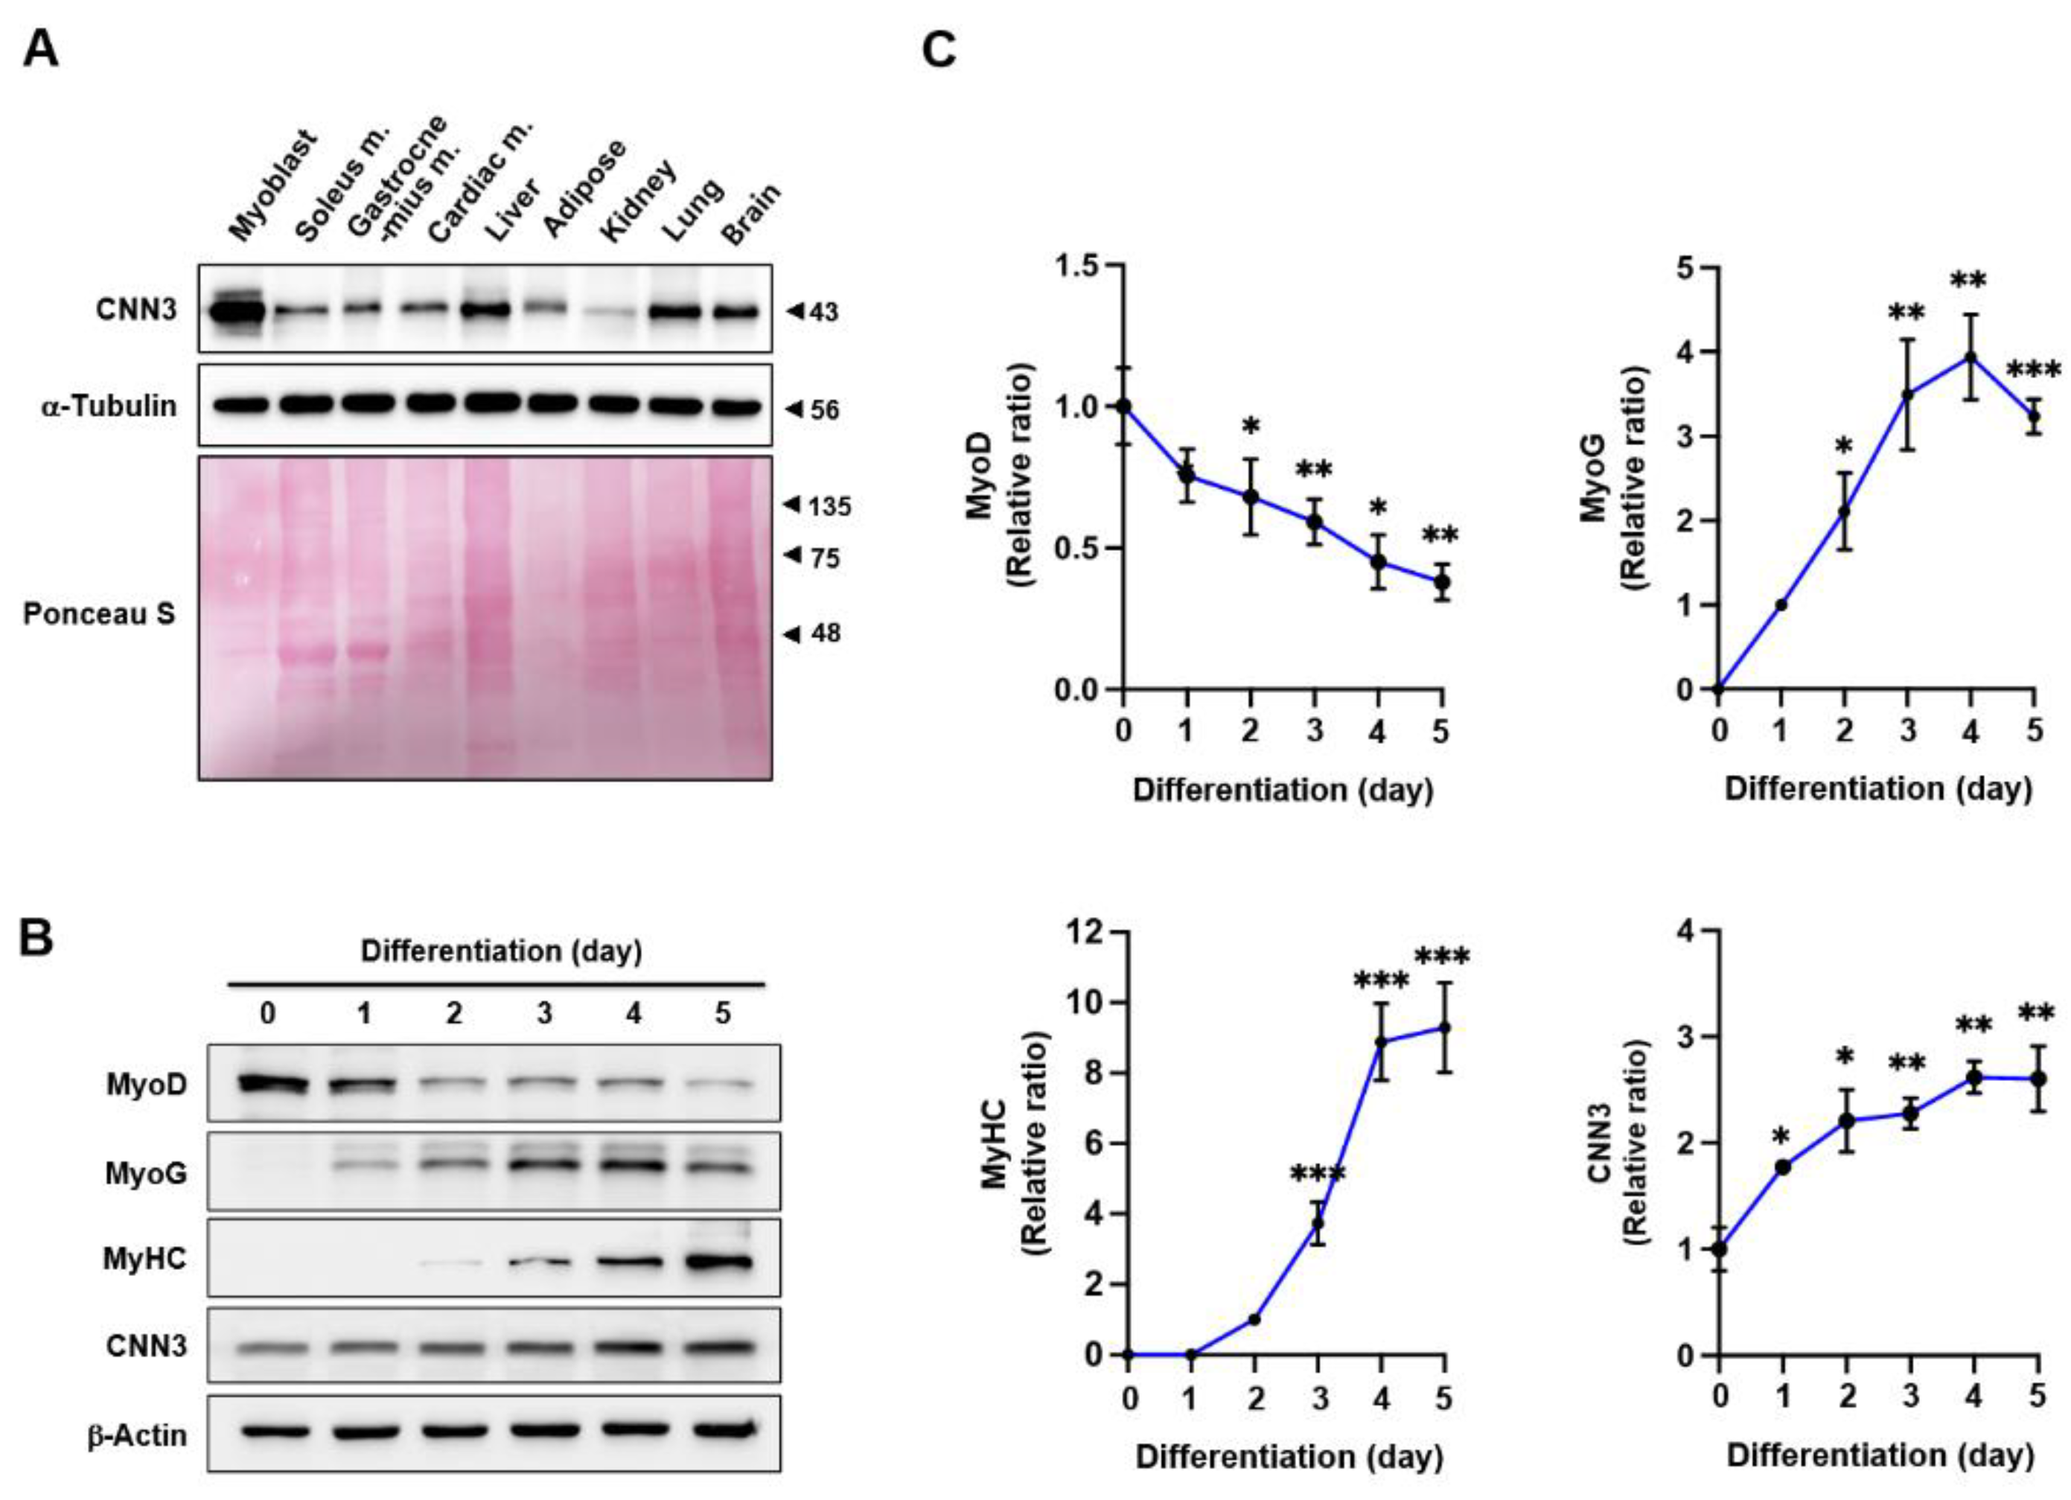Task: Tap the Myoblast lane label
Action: click(x=271, y=186)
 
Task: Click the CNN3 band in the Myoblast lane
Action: click(x=235, y=310)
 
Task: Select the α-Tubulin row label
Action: click(x=109, y=406)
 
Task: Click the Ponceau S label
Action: click(x=98, y=613)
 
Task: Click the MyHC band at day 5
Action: click(x=722, y=1263)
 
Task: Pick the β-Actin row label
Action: click(x=137, y=1435)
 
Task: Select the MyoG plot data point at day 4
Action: click(x=1971, y=357)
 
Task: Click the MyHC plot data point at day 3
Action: click(x=1318, y=1223)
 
